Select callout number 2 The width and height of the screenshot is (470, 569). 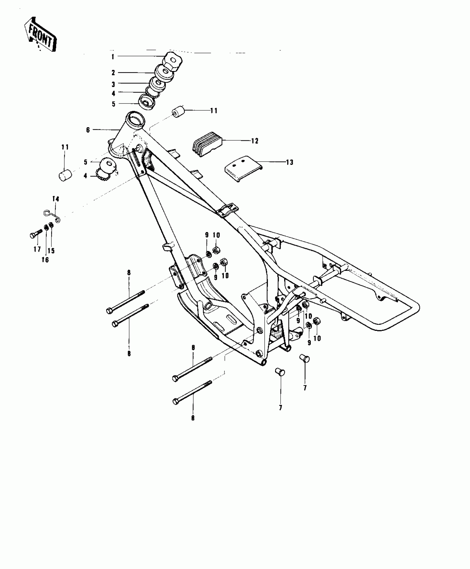113,73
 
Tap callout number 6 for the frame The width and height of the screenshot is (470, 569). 88,130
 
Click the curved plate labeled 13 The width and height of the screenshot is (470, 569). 243,169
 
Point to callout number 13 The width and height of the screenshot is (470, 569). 289,162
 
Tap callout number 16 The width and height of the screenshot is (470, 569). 45,260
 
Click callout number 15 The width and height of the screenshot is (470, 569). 51,251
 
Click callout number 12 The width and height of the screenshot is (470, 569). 255,141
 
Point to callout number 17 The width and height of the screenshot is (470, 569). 37,250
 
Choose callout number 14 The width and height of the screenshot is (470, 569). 56,199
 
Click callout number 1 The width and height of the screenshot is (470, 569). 113,57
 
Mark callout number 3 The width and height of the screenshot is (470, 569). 113,84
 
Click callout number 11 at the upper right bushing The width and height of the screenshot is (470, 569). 214,111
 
